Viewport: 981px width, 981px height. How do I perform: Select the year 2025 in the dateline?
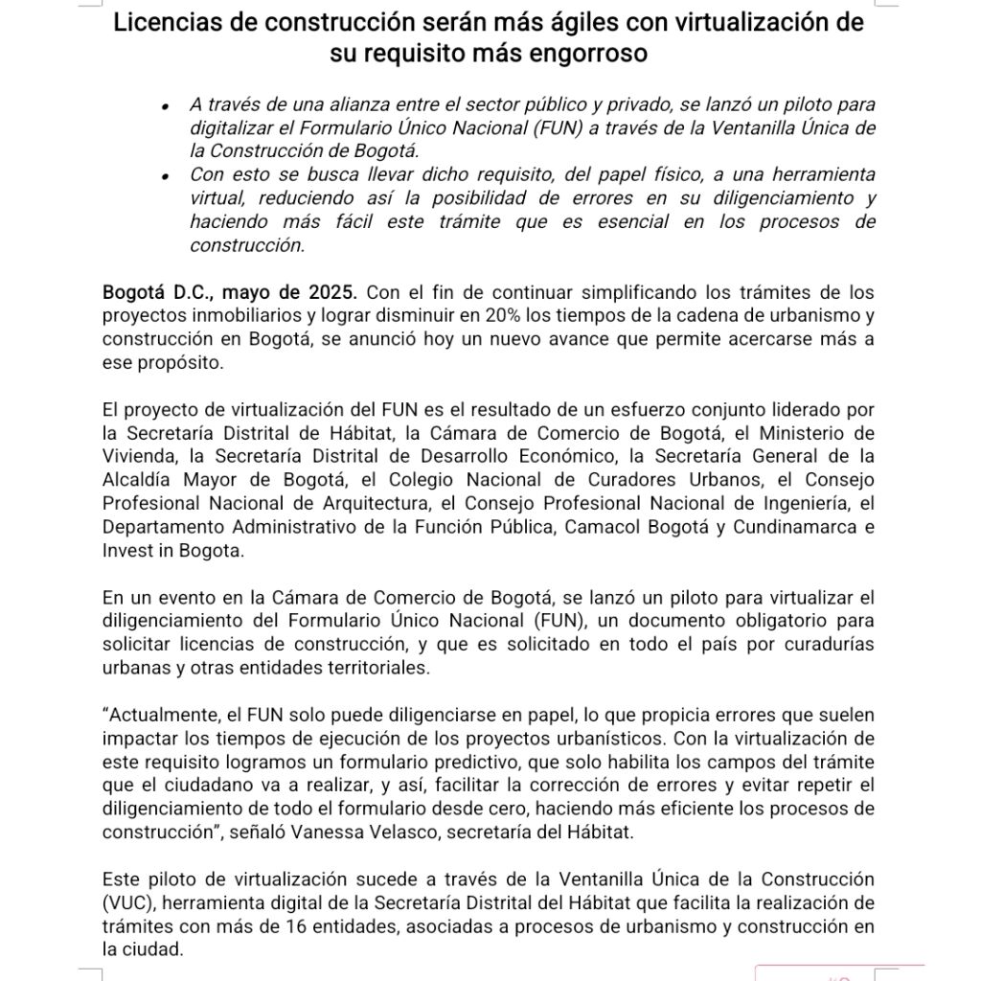(x=334, y=291)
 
